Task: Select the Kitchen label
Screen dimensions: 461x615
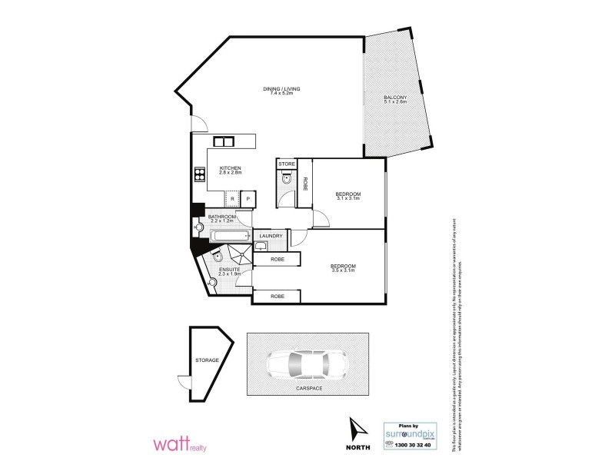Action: pyautogui.click(x=231, y=168)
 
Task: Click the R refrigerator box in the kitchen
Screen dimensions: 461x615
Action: pyautogui.click(x=232, y=199)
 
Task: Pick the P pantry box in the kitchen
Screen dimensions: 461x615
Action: pyautogui.click(x=248, y=199)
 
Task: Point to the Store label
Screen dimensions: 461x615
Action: pyautogui.click(x=286, y=164)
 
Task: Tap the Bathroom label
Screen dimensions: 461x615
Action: pyautogui.click(x=221, y=217)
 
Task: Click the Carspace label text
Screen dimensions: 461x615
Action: pyautogui.click(x=307, y=390)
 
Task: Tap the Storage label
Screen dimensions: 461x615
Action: pyautogui.click(x=207, y=360)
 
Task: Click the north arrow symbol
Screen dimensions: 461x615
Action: pyautogui.click(x=357, y=429)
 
